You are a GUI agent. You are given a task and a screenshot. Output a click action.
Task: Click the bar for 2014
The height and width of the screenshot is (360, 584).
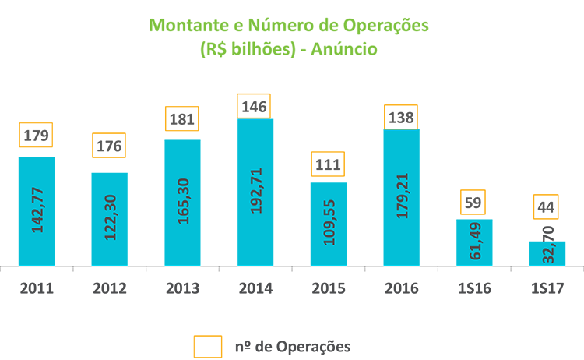click(x=255, y=192)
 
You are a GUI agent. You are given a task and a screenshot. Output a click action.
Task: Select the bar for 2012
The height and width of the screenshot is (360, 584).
click(x=110, y=219)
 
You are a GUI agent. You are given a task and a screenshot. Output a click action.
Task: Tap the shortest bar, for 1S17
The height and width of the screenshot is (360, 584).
click(x=547, y=253)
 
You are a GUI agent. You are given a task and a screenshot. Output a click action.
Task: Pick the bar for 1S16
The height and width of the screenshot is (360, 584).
click(x=474, y=242)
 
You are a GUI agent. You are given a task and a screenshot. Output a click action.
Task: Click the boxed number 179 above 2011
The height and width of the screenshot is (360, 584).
click(x=37, y=136)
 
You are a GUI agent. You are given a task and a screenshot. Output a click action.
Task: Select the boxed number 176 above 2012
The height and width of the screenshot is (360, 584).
click(x=110, y=146)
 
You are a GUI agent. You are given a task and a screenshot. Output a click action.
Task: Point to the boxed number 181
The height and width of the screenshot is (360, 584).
click(x=182, y=120)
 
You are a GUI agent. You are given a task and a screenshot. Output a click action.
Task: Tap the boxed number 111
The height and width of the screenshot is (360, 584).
click(x=328, y=164)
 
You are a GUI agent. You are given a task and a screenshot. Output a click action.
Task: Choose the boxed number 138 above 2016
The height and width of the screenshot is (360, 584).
click(x=401, y=118)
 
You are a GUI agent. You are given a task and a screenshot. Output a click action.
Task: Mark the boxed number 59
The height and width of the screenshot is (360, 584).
click(x=474, y=203)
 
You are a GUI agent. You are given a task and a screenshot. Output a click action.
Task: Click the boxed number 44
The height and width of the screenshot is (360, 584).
click(x=547, y=208)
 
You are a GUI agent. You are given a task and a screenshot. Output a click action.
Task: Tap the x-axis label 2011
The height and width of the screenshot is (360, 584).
click(x=37, y=288)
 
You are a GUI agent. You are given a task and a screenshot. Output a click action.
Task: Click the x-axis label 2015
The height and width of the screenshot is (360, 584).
click(x=328, y=288)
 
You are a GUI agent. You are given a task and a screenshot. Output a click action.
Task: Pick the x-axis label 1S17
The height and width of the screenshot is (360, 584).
click(x=547, y=288)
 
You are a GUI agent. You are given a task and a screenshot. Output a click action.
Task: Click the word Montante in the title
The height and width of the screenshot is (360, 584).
click(x=186, y=25)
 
